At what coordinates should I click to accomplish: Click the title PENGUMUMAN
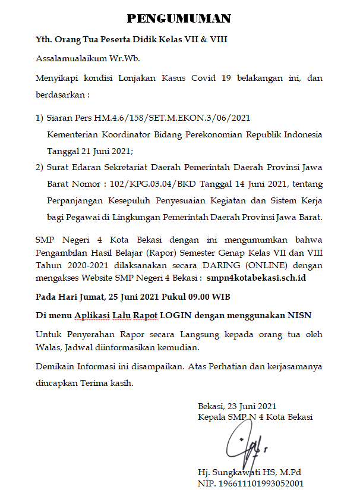click(x=179, y=18)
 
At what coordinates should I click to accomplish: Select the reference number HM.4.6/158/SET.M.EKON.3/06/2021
click(x=169, y=118)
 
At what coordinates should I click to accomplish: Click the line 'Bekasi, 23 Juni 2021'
click(x=237, y=406)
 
